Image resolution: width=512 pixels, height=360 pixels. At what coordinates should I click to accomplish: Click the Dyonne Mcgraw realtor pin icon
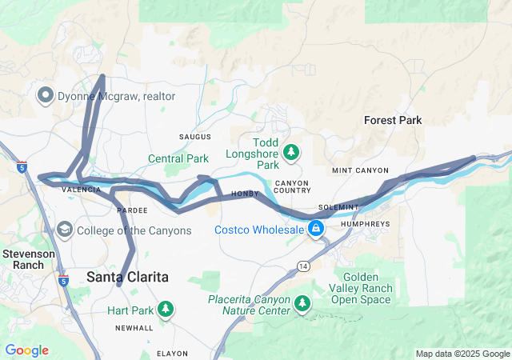coord(45,96)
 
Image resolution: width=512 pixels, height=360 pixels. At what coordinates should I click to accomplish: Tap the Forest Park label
coord(392,120)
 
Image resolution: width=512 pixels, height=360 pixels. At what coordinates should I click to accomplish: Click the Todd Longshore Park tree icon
coord(292,150)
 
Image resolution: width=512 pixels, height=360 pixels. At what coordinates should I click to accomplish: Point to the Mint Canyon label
coord(360,170)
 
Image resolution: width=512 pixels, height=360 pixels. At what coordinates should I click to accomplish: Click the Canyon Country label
coord(292,186)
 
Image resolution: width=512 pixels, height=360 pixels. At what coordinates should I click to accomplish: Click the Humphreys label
coord(365,224)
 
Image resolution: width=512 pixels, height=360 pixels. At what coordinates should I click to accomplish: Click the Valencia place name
coord(81,190)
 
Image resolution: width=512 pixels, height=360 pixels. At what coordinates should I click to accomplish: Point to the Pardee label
coord(132,210)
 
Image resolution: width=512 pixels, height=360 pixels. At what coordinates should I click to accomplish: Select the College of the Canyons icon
coord(64,230)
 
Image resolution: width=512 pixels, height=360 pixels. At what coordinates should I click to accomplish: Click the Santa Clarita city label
coord(127,277)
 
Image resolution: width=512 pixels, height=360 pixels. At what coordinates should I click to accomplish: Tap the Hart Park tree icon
coord(166,309)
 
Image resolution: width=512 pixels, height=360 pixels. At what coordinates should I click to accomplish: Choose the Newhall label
coord(134,328)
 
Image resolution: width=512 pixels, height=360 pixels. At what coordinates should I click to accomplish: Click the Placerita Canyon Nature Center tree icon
coord(302,302)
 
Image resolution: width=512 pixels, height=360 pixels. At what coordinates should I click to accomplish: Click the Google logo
coord(26,350)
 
